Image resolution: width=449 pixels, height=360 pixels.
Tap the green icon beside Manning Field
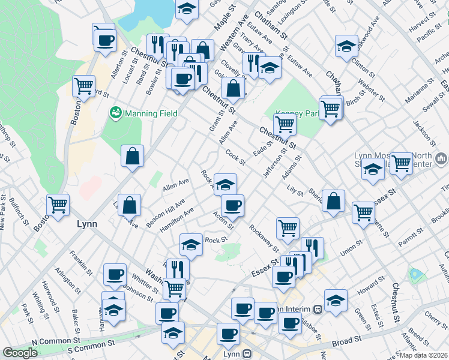(x=115, y=113)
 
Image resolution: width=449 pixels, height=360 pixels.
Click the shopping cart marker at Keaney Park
(x=285, y=125)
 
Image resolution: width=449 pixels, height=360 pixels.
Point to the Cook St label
(x=236, y=158)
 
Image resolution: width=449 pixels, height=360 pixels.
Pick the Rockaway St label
(x=264, y=237)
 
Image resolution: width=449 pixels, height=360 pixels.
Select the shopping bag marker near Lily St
(x=334, y=201)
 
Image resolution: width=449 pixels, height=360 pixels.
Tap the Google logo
(x=20, y=353)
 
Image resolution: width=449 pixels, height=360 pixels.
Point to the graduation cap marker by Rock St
(x=191, y=245)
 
